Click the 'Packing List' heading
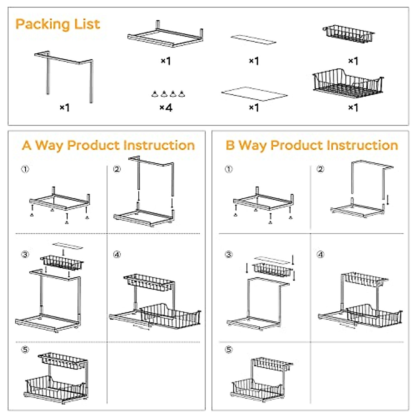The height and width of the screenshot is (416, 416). pyautogui.click(x=58, y=24)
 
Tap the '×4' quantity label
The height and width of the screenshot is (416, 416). pyautogui.click(x=166, y=107)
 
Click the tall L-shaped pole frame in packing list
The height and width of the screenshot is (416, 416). pyautogui.click(x=64, y=75)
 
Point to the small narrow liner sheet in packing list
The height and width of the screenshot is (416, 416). pyautogui.click(x=253, y=40)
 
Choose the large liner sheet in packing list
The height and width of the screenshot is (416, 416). pyautogui.click(x=254, y=94)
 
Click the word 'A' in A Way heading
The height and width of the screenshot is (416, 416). pyautogui.click(x=27, y=145)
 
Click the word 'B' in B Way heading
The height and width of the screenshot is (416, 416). pyautogui.click(x=230, y=145)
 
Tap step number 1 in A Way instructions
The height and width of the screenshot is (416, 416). pyautogui.click(x=25, y=169)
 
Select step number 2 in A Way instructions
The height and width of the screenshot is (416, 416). pyautogui.click(x=117, y=169)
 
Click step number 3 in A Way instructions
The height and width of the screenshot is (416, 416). pyautogui.click(x=25, y=255)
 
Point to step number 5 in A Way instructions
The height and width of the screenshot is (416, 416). pyautogui.click(x=25, y=349)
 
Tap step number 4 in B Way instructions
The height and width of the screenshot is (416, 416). pyautogui.click(x=320, y=255)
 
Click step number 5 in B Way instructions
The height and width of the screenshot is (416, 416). pyautogui.click(x=229, y=349)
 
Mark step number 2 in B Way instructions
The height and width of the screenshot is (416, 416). pyautogui.click(x=320, y=169)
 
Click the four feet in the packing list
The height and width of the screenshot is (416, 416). pyautogui.click(x=168, y=94)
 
